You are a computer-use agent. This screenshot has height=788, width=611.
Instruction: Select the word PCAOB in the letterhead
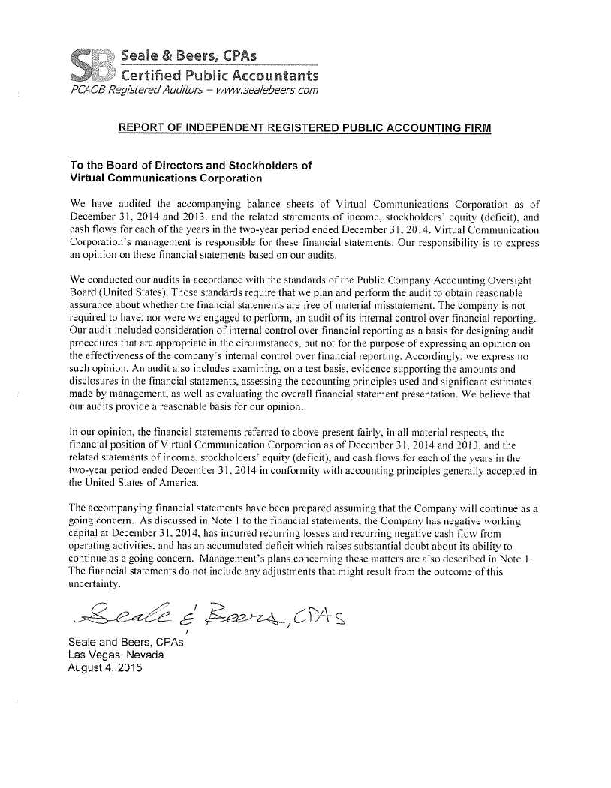pyautogui.click(x=89, y=91)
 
